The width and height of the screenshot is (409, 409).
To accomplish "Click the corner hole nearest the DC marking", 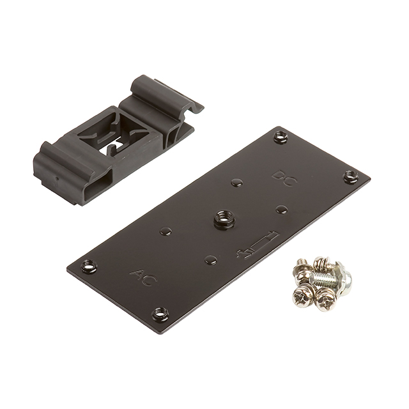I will click(x=279, y=135).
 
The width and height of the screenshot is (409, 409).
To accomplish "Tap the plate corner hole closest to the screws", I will click(x=350, y=176).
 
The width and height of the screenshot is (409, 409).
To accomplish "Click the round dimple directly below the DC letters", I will click(x=281, y=208).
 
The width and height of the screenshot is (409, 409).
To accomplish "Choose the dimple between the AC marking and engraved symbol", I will click(x=208, y=259).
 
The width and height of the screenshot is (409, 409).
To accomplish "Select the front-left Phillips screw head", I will click(x=302, y=295).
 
